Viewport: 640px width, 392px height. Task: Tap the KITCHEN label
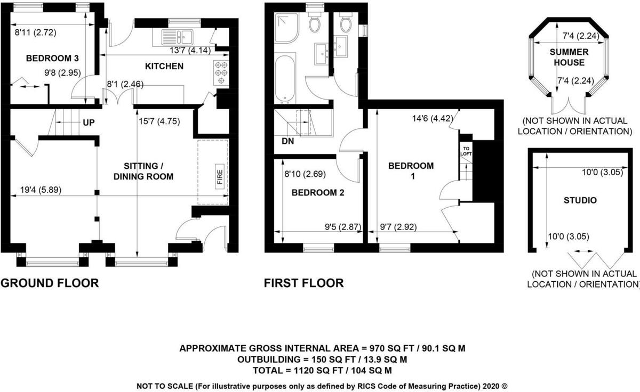tap(164, 67)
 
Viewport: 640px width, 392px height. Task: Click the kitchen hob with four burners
tap(220, 73)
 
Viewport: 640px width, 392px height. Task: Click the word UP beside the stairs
tap(89, 123)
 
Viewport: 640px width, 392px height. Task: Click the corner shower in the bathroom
tap(288, 27)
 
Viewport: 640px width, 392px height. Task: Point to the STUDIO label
tap(580, 201)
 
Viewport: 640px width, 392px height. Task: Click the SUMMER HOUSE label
tap(571, 57)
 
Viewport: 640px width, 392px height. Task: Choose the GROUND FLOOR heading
tap(50, 283)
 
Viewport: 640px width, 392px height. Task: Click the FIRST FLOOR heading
tap(304, 283)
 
